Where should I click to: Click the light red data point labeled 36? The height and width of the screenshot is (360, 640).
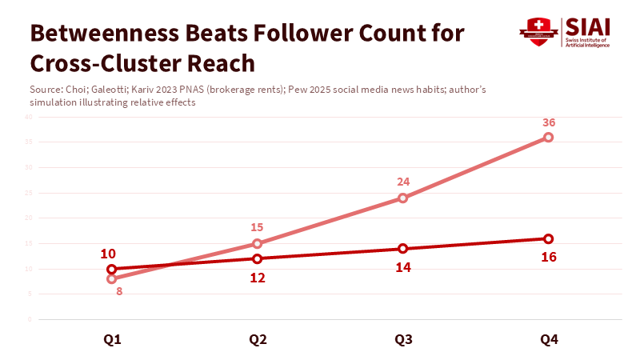coord(548,138)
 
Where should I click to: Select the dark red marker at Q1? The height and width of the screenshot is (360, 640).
coord(111,269)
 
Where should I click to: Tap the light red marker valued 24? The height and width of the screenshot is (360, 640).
coord(402,198)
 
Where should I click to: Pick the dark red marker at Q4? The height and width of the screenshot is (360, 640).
coord(548,238)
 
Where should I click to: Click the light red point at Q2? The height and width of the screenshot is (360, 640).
coord(257,243)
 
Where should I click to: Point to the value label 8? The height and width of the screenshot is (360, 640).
coord(118,291)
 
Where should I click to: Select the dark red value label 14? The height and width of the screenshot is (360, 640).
coord(402,267)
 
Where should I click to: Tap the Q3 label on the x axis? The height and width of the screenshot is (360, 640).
coord(403,340)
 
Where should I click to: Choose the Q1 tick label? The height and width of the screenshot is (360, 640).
coord(112,340)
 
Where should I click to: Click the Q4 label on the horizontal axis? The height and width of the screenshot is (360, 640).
coord(549,340)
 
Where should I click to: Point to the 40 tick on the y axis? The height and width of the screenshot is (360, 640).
coord(28,117)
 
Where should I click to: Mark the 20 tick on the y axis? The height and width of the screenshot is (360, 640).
coord(28,218)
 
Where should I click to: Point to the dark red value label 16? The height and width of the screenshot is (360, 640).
coord(548,257)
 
